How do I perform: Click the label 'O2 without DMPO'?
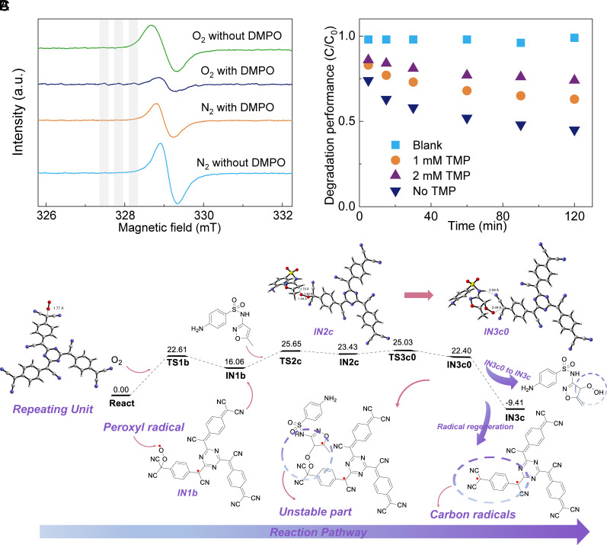click(x=235, y=36)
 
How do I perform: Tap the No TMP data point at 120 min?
click(x=574, y=131)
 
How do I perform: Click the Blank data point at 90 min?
click(x=521, y=43)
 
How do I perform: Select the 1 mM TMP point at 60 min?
click(x=467, y=91)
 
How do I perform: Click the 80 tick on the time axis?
click(x=503, y=215)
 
